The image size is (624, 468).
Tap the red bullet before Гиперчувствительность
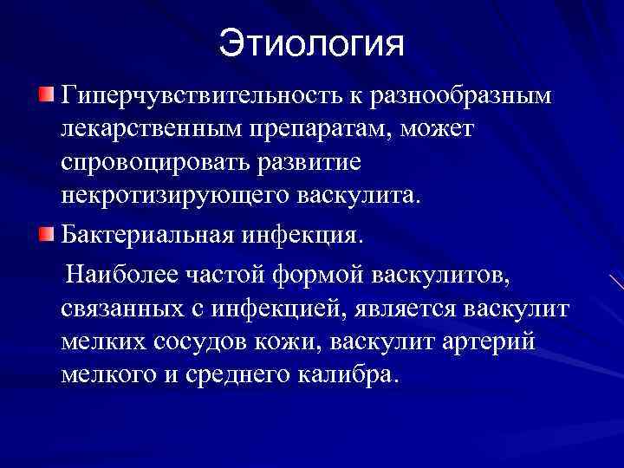[x=49, y=93]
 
